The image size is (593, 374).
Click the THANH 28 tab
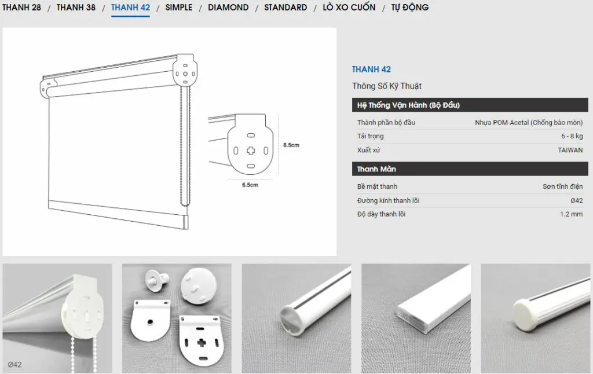21,7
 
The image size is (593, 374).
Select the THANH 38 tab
76,7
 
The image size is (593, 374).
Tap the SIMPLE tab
179,7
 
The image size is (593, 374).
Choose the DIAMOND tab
228,7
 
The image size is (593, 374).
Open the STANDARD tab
285,7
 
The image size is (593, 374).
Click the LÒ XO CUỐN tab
349,7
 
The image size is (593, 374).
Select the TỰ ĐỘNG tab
410,7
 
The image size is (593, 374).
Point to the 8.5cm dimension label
291,145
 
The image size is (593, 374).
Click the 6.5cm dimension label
250,185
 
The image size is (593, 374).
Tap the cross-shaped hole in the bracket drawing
251,151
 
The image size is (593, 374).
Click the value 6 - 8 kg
572,136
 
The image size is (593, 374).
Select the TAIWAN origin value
570,150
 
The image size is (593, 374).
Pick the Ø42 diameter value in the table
577,200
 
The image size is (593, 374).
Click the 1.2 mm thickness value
572,214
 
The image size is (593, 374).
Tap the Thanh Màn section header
376,169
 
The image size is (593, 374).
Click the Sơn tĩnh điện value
563,186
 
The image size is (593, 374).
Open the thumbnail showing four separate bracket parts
177,318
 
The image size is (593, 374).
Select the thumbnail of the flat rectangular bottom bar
416,318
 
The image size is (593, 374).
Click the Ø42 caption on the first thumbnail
14,365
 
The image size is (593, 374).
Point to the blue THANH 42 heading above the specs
371,69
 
